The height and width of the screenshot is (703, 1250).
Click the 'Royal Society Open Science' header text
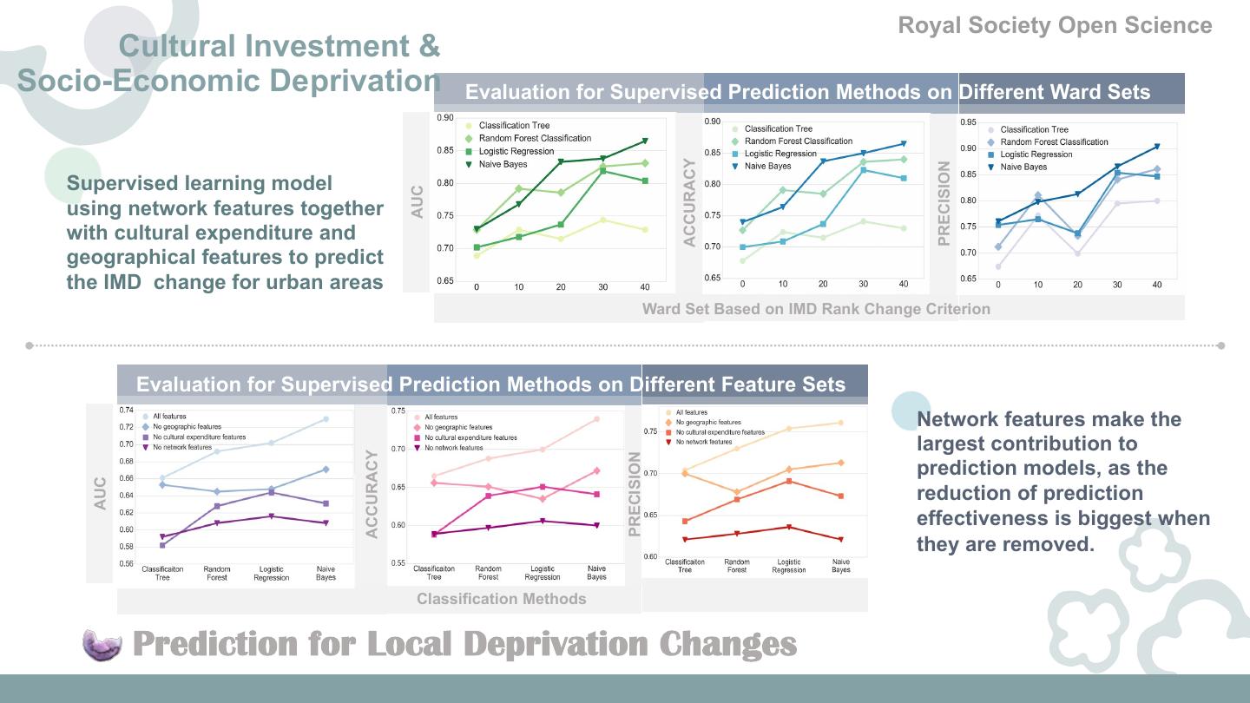click(x=1055, y=25)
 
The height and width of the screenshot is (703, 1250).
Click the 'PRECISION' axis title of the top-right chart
click(x=944, y=203)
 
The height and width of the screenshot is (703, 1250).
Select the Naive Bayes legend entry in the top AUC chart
click(x=503, y=164)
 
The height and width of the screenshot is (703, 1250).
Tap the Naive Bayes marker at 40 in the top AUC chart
click(x=644, y=141)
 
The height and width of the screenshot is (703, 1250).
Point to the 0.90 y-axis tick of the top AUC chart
click(x=444, y=118)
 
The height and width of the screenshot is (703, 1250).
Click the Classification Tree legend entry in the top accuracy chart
click(x=778, y=128)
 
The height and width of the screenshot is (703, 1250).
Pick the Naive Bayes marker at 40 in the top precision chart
click(x=1156, y=147)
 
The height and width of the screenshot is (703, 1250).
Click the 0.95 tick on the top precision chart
click(x=969, y=123)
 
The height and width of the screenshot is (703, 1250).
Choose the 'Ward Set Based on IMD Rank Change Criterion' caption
click(x=815, y=309)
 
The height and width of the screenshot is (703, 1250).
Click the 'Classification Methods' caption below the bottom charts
click(x=501, y=599)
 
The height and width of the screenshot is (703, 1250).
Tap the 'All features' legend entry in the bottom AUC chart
click(x=169, y=417)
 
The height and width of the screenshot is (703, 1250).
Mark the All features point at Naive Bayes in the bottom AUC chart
click(x=326, y=419)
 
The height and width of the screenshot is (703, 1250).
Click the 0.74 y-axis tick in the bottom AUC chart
click(x=126, y=411)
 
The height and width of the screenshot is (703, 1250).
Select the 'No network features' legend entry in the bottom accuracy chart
click(x=453, y=448)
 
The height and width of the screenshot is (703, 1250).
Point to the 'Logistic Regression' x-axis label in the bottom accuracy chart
click(x=543, y=573)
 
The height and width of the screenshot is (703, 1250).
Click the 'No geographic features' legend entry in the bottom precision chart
click(x=708, y=423)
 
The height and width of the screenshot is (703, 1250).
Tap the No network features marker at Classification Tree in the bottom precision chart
click(x=685, y=540)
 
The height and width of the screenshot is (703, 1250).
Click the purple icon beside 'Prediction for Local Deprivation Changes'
click(x=103, y=645)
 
